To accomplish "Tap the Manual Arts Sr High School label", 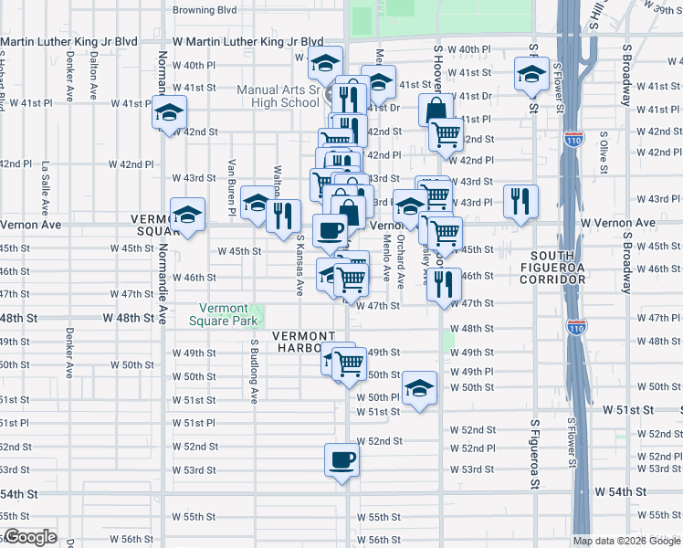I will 278,96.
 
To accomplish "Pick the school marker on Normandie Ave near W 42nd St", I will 168,114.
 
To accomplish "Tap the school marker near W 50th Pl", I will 419,388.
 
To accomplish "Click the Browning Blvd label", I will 205,10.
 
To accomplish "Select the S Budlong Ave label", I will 254,371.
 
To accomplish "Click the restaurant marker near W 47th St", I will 445,285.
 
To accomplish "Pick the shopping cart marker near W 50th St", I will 349,364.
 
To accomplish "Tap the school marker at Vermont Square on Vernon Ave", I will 187,216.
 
